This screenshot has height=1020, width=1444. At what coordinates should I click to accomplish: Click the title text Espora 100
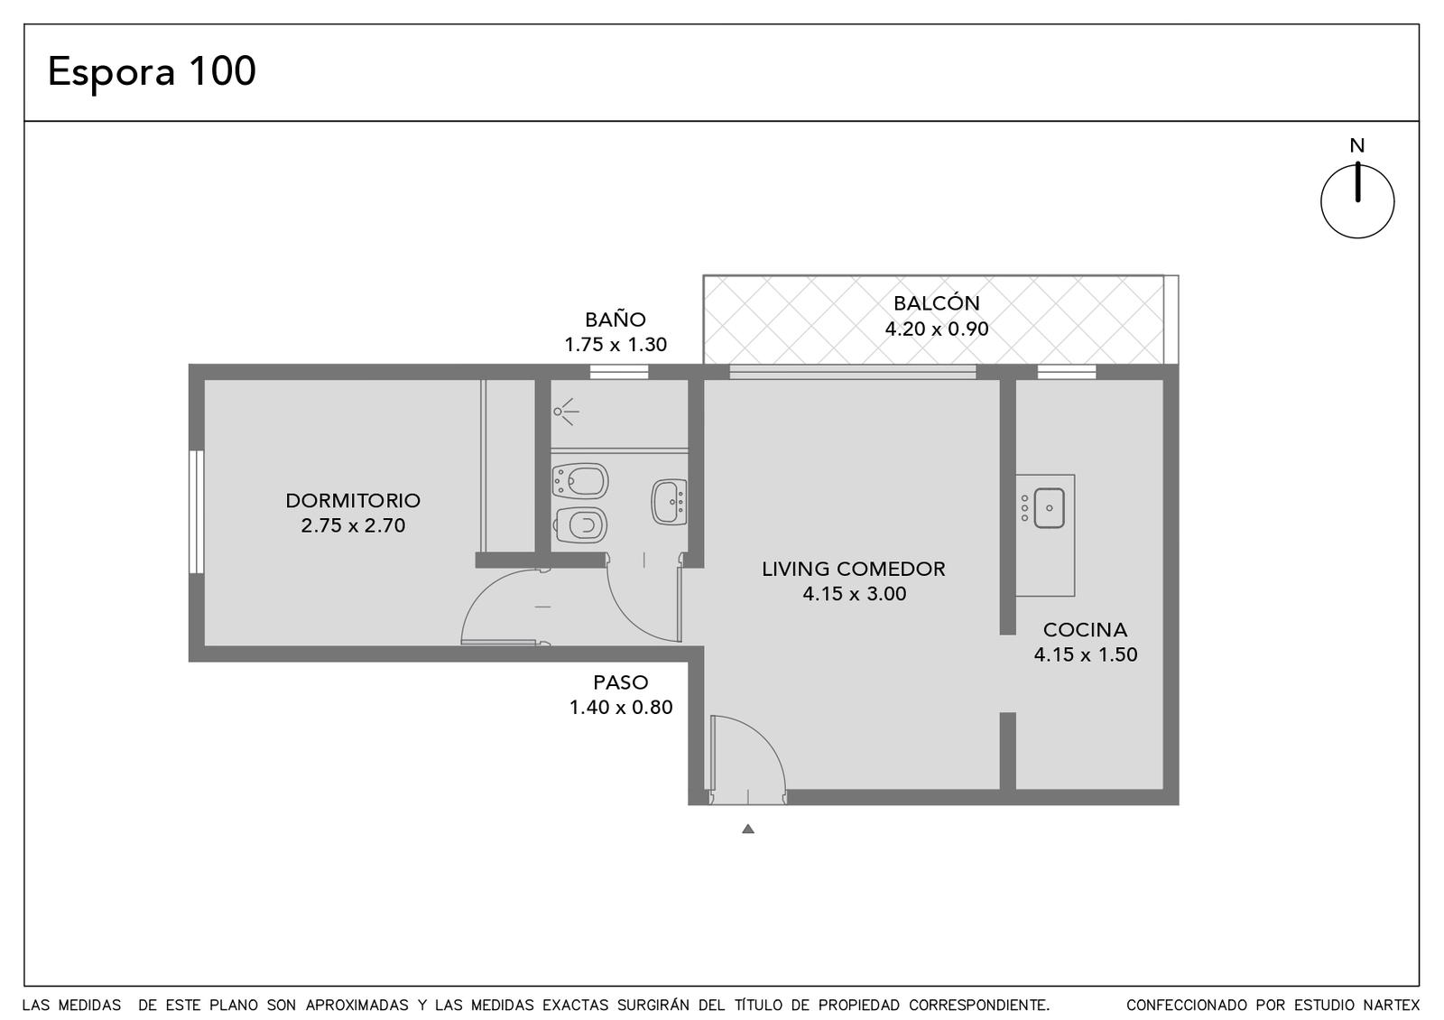pyautogui.click(x=153, y=71)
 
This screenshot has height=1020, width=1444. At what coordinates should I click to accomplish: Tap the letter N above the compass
pyautogui.click(x=1357, y=145)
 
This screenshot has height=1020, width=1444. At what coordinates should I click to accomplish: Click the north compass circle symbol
pyautogui.click(x=1357, y=201)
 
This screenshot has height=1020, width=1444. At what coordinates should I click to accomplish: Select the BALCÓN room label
pyautogui.click(x=936, y=303)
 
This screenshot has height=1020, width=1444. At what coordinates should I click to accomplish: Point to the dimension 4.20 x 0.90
pyautogui.click(x=936, y=329)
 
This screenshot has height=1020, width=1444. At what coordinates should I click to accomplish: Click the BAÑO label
pyautogui.click(x=615, y=320)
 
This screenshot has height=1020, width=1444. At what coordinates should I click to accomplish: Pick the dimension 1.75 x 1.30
pyautogui.click(x=616, y=344)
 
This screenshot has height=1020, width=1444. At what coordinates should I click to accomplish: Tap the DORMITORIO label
pyautogui.click(x=353, y=500)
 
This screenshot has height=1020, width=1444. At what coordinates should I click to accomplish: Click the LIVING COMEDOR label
pyautogui.click(x=854, y=569)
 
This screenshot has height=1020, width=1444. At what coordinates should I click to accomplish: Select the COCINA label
pyautogui.click(x=1085, y=629)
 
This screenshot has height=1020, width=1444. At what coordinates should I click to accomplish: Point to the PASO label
pyautogui.click(x=621, y=682)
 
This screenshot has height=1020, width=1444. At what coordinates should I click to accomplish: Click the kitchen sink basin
pyautogui.click(x=1049, y=508)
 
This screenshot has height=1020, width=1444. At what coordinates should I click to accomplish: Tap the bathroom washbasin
pyautogui.click(x=669, y=502)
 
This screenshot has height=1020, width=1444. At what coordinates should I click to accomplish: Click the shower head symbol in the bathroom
pyautogui.click(x=565, y=412)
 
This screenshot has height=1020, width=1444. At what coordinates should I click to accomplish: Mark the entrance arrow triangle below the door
pyautogui.click(x=748, y=829)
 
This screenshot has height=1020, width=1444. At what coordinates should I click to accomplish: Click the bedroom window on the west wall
pyautogui.click(x=197, y=511)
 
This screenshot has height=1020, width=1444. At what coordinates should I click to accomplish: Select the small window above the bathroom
pyautogui.click(x=619, y=372)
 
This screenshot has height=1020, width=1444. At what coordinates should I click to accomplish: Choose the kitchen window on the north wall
pyautogui.click(x=1066, y=372)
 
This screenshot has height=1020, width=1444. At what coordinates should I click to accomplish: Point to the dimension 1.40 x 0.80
pyautogui.click(x=621, y=708)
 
